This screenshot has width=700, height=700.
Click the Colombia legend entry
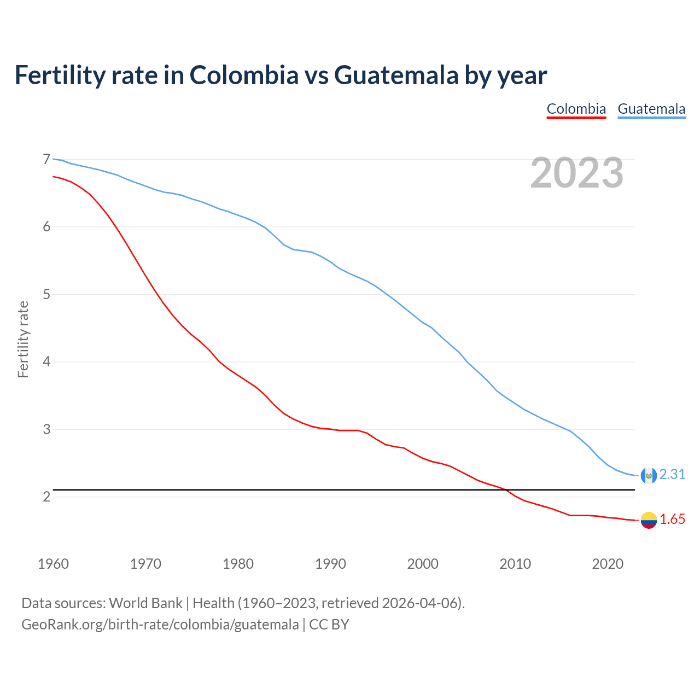click(576, 109)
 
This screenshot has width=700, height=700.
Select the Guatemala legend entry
click(651, 109)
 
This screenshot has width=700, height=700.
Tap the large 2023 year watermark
click(576, 173)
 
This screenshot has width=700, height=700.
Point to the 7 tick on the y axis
click(46, 159)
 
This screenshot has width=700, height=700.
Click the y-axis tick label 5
click(46, 294)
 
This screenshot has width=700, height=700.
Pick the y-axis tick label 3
click(46, 429)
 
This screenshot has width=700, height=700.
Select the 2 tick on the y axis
click(46, 497)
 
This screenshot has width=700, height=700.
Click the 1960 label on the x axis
click(53, 564)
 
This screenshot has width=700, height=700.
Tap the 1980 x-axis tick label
click(238, 564)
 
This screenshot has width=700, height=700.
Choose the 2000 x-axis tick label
click(423, 564)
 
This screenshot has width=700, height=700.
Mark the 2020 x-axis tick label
click(608, 564)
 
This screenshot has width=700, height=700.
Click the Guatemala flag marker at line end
click(649, 475)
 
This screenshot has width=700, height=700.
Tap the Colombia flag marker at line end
click(649, 520)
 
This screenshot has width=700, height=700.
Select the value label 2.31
click(672, 475)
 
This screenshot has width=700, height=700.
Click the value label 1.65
click(672, 520)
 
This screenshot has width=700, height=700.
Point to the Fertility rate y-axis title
click(23, 339)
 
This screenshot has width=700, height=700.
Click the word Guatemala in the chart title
click(396, 75)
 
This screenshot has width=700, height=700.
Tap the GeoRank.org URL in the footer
click(160, 624)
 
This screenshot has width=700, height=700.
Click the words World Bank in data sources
click(145, 603)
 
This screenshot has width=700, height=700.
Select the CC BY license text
click(329, 624)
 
